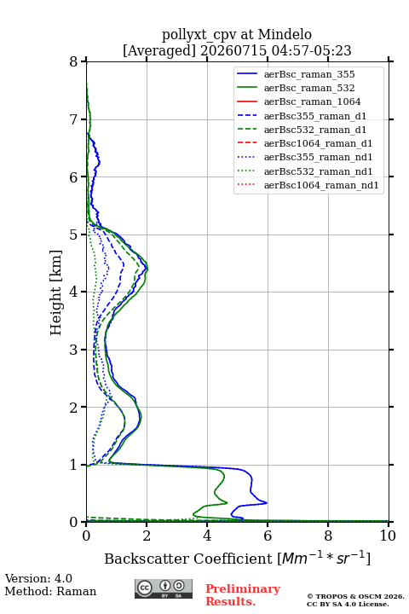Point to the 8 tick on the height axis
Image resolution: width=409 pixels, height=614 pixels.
click(x=84, y=61)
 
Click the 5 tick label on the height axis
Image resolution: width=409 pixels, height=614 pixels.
click(x=73, y=235)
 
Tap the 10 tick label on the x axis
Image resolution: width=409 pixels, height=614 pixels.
click(x=388, y=536)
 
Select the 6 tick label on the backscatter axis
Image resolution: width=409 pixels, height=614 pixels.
click(x=268, y=536)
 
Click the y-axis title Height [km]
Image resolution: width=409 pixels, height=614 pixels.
click(x=56, y=293)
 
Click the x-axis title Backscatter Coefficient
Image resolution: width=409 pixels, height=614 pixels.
click(x=188, y=559)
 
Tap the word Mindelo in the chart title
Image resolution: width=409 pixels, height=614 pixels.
click(x=285, y=34)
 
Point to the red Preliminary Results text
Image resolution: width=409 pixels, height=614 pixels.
click(x=243, y=594)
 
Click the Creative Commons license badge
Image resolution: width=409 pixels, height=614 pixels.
click(x=164, y=588)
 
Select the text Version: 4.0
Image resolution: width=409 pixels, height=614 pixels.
click(x=38, y=578)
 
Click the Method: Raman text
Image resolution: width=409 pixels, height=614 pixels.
click(x=50, y=591)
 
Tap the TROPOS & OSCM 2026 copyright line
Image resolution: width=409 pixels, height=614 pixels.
click(x=355, y=596)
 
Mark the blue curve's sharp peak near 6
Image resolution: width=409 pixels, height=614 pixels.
click(x=267, y=502)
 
